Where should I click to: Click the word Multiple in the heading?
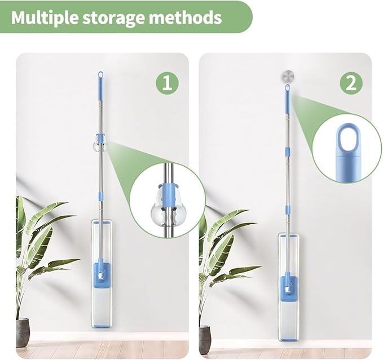[45, 17]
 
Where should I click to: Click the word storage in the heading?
[113, 18]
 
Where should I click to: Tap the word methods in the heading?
[184, 17]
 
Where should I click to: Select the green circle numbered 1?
[168, 83]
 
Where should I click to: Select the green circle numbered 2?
[351, 83]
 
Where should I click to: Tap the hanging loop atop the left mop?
[100, 74]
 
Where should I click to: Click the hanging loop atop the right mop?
[287, 88]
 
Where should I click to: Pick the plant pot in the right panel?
[205, 337]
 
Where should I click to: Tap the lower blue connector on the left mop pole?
[100, 196]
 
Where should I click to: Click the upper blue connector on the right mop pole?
[288, 151]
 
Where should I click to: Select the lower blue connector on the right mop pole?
[288, 210]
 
